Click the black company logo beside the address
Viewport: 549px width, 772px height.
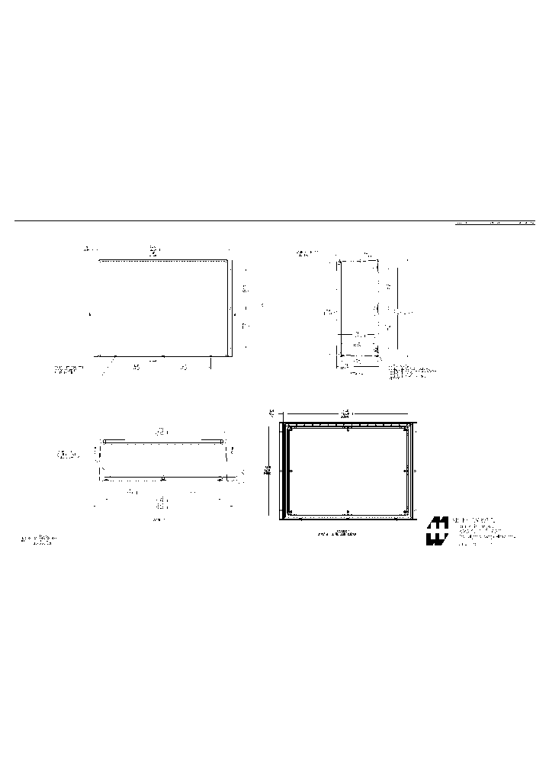[x=436, y=532]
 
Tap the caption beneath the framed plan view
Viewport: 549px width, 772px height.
[x=336, y=532]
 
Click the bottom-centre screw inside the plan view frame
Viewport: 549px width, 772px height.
[x=348, y=512]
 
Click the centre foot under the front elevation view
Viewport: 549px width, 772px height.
[x=162, y=479]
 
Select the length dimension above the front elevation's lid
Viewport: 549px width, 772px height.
[x=162, y=432]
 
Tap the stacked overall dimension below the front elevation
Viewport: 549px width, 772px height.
[x=161, y=503]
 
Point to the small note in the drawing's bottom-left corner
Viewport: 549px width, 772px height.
[x=38, y=540]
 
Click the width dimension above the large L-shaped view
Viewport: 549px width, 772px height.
[x=154, y=249]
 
